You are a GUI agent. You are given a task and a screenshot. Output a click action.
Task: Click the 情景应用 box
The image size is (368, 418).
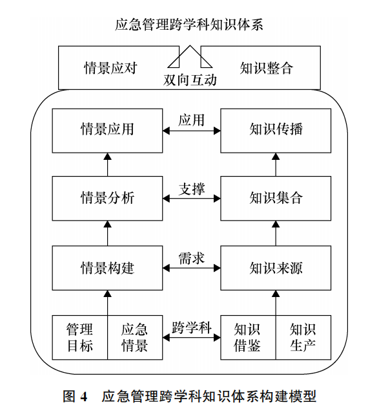107,131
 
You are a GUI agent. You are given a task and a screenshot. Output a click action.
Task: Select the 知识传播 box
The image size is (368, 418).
276,131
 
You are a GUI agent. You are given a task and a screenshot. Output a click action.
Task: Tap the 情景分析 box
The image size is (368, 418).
107,199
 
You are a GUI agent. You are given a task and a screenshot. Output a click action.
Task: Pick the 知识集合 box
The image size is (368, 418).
276,199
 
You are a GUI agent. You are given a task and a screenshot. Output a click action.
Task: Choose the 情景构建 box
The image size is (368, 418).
107,268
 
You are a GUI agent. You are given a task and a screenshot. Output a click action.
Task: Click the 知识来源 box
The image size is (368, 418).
276,268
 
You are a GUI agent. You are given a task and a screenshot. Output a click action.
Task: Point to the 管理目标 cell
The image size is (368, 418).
80,338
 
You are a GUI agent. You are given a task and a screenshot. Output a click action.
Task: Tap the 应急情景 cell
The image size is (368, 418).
135,338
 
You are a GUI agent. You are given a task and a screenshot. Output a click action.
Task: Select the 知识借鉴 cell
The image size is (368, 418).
248,338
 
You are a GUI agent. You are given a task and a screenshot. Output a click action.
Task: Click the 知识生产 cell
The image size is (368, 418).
303,338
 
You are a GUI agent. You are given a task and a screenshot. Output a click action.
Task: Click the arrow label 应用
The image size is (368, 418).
192,120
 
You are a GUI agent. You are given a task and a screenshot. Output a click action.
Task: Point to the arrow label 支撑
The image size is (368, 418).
192,189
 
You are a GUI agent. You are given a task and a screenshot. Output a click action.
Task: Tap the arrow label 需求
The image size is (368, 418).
192,258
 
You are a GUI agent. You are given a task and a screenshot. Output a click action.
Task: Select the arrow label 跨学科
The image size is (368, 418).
192,327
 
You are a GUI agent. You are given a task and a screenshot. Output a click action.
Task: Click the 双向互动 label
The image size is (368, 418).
190,80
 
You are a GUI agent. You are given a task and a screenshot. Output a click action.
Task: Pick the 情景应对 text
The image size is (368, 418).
110,68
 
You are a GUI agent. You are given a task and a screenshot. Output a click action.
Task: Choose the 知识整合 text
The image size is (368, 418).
267,68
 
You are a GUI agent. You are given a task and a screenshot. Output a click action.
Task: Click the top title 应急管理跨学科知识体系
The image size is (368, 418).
189,25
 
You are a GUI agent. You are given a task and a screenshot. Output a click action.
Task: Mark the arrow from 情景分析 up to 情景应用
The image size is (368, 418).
107,164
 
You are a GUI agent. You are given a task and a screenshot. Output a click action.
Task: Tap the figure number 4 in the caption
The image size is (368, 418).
84,397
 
